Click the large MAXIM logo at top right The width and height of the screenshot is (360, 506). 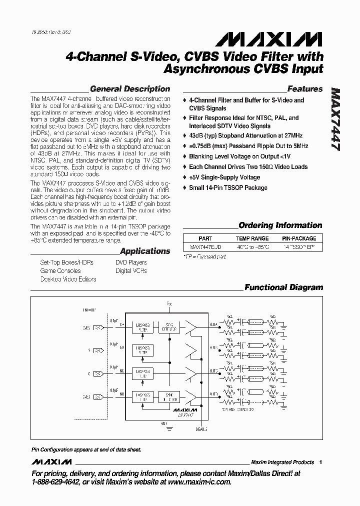click(286, 39)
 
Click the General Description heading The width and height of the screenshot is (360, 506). click(130, 89)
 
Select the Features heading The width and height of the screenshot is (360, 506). click(305, 89)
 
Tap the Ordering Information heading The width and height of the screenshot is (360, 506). click(280, 225)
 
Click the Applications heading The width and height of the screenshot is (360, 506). click(145, 251)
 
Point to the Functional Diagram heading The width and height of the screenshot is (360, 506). click(283, 287)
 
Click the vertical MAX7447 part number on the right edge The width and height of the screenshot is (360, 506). click(335, 120)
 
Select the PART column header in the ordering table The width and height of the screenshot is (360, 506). click(205, 238)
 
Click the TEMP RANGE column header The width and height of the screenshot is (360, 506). click(252, 238)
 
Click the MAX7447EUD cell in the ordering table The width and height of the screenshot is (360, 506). click(205, 247)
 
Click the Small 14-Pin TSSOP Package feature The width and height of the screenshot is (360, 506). click(228, 188)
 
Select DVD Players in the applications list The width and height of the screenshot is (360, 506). click(131, 262)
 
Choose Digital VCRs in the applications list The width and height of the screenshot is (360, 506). click(131, 271)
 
